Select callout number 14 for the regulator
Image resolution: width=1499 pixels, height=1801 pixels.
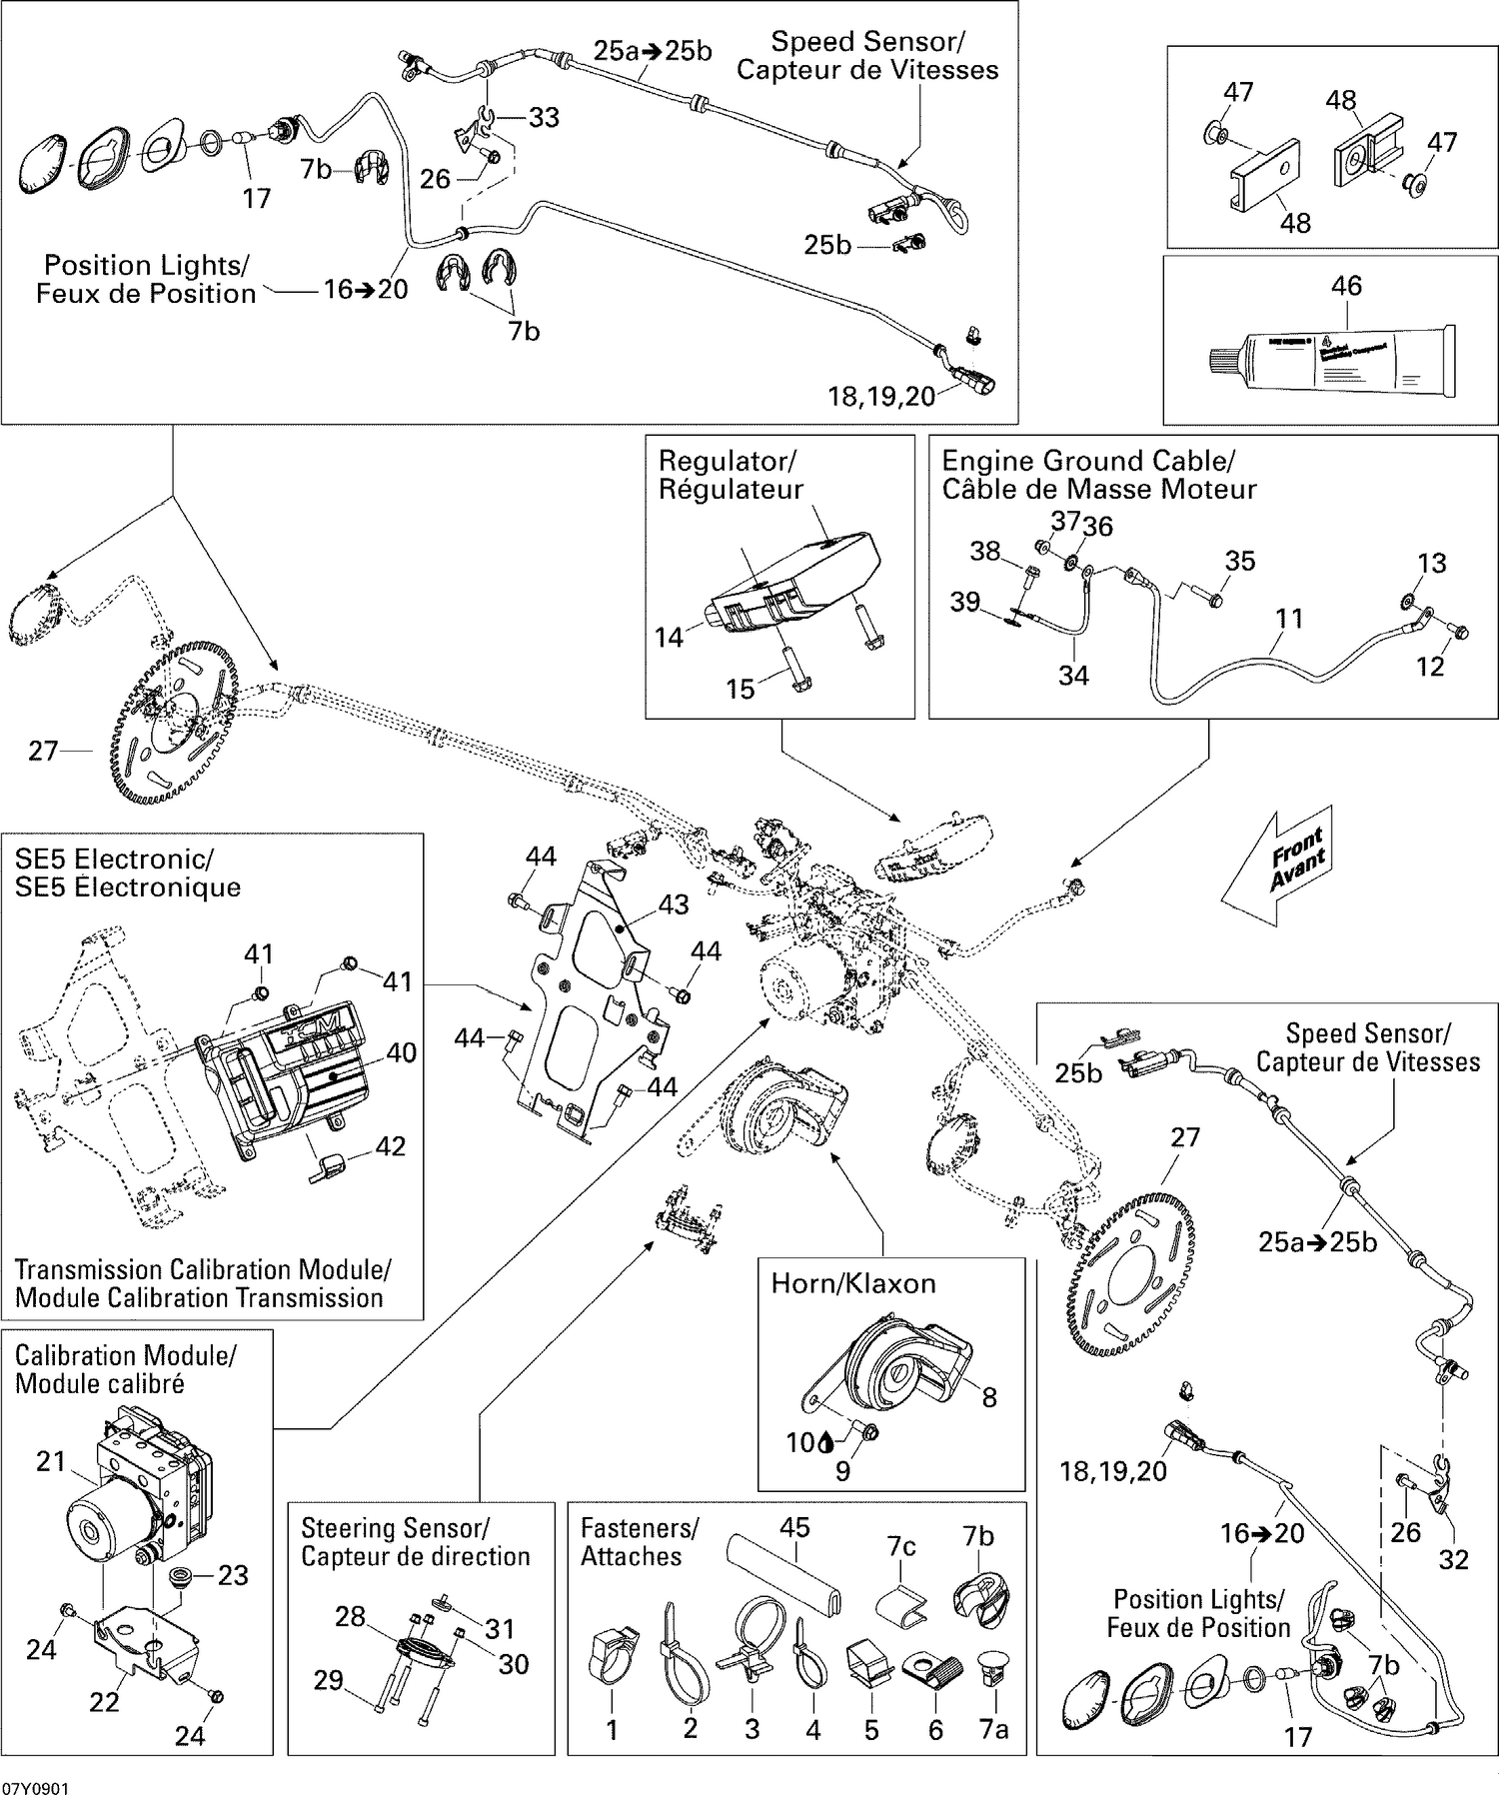pyautogui.click(x=669, y=637)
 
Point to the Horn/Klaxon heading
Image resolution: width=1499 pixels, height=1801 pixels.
pyautogui.click(x=852, y=1283)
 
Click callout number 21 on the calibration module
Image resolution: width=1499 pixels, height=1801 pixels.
pyautogui.click(x=50, y=1461)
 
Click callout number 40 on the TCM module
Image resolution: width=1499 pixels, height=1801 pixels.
pyautogui.click(x=401, y=1052)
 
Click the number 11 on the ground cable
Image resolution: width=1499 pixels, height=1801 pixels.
pyautogui.click(x=1289, y=619)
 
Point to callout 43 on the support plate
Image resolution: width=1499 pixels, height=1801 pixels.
pyautogui.click(x=674, y=904)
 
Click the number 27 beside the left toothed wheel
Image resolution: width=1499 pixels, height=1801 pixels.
pyautogui.click(x=43, y=751)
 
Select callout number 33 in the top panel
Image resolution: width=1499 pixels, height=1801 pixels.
pyautogui.click(x=544, y=118)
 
